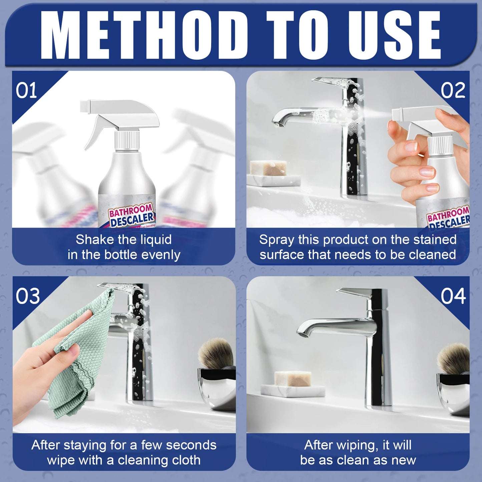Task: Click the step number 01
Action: [x=26, y=91]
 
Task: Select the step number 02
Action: [x=453, y=91]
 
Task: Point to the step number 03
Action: [x=28, y=296]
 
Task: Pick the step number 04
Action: [x=453, y=296]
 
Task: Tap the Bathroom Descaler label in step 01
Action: [x=131, y=215]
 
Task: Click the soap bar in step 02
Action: [x=268, y=168]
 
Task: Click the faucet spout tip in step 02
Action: [x=278, y=124]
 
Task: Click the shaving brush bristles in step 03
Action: [x=216, y=352]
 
